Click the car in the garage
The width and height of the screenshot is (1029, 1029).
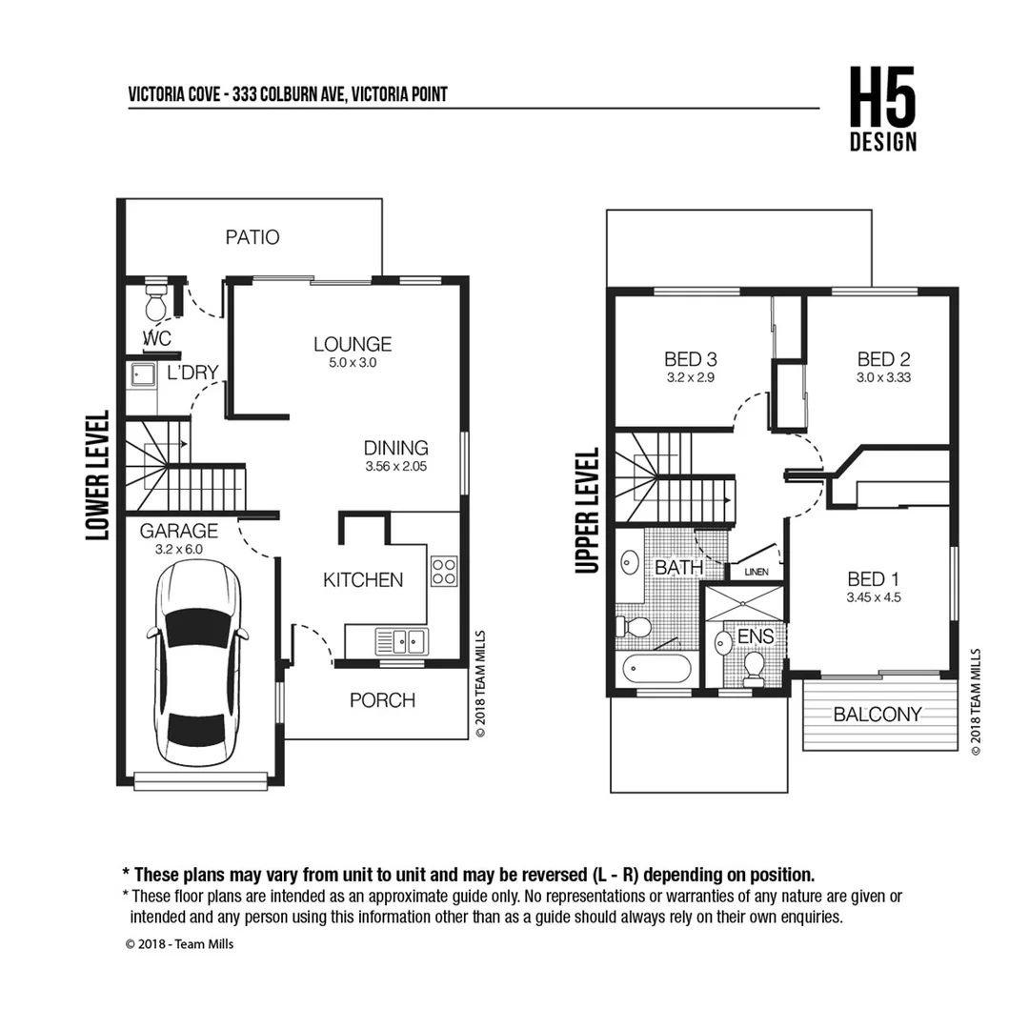click(x=197, y=666)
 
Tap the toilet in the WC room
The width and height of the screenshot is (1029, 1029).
click(x=154, y=304)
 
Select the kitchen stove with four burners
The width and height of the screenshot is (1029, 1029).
click(x=444, y=571)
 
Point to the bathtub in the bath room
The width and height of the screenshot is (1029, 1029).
click(x=656, y=669)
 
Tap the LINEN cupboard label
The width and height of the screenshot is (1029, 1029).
click(x=757, y=572)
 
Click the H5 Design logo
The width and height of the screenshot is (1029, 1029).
click(x=883, y=111)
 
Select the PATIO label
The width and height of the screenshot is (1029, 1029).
click(x=252, y=237)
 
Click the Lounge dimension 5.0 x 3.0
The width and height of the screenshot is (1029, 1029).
click(x=353, y=363)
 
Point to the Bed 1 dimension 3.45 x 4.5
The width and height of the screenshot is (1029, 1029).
click(x=873, y=598)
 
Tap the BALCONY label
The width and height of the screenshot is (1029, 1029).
click(x=877, y=715)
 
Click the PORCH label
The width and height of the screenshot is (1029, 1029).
click(x=382, y=700)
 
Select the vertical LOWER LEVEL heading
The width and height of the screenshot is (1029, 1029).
click(x=98, y=476)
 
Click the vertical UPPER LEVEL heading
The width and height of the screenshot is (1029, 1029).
click(x=588, y=512)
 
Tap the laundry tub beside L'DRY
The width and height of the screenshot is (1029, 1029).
click(x=142, y=374)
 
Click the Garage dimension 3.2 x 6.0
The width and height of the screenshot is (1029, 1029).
click(x=178, y=549)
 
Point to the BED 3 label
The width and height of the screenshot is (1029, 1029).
click(x=690, y=359)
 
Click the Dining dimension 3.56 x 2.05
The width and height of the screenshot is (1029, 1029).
click(x=395, y=467)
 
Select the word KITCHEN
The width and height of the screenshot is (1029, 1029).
click(x=362, y=579)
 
